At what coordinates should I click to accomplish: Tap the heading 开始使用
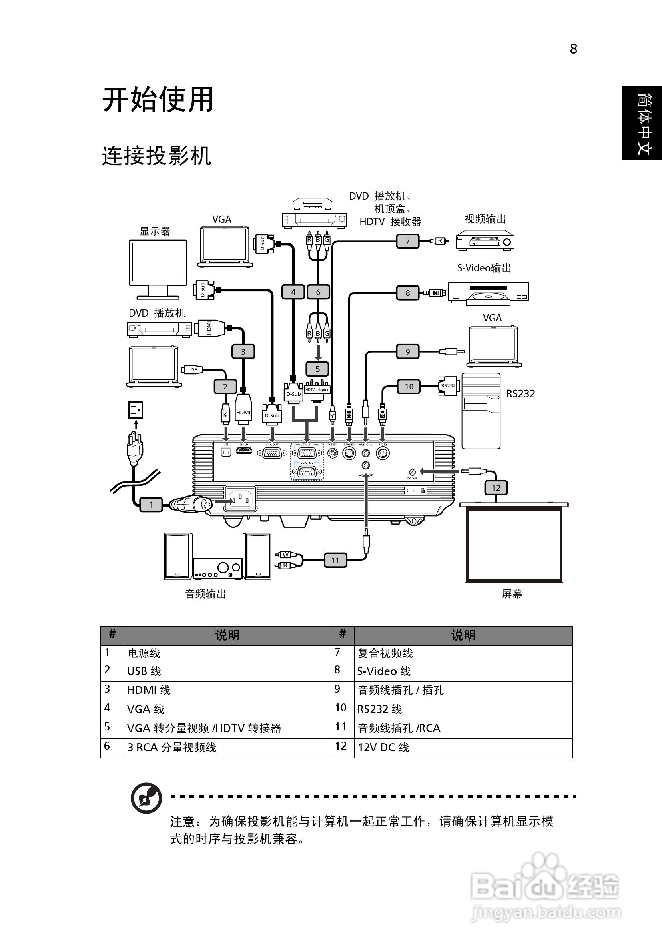158,100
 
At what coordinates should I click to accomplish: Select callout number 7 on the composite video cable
407,241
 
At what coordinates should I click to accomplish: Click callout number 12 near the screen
496,488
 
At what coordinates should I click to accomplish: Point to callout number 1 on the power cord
151,504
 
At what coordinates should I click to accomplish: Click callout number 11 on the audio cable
335,560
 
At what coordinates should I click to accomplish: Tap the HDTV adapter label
317,390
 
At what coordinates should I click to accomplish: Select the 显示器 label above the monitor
155,231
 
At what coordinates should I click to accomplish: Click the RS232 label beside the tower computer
520,393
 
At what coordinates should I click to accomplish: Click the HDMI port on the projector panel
244,450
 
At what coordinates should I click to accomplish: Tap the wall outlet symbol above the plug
136,410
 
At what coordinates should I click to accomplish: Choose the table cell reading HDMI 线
149,690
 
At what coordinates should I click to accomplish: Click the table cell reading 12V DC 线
383,747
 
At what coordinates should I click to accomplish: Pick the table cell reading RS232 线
379,709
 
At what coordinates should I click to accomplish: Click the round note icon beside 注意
146,798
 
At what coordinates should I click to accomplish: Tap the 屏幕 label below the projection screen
512,594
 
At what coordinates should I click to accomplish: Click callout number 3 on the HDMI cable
243,352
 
